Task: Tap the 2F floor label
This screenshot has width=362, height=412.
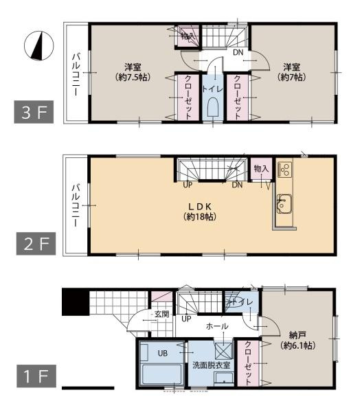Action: click(32, 244)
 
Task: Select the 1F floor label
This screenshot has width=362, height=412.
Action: click(32, 376)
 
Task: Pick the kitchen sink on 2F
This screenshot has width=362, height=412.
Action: click(284, 204)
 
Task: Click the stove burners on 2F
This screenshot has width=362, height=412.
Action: click(284, 170)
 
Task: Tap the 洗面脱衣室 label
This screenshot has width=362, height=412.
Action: click(211, 364)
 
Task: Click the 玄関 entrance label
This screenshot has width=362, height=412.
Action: click(161, 314)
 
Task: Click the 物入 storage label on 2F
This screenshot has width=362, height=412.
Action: click(260, 169)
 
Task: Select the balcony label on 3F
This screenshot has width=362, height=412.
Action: click(77, 71)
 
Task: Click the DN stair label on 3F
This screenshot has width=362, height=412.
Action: click(238, 52)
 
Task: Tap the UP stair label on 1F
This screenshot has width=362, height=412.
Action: click(186, 319)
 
